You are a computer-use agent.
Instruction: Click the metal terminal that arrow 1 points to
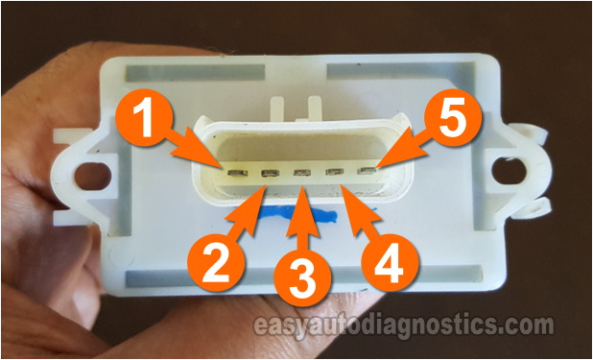coord(235,172)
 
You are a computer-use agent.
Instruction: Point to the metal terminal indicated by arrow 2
coord(269,174)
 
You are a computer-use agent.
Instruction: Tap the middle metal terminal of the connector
coord(302,174)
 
